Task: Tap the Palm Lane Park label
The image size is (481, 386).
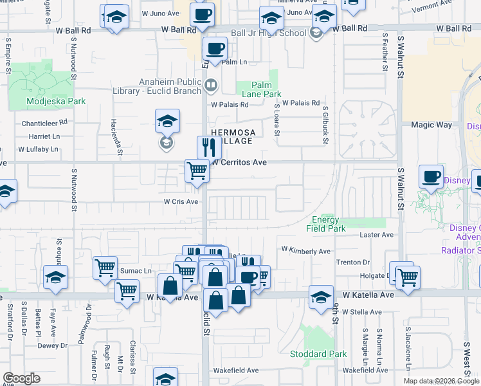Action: click(x=262, y=89)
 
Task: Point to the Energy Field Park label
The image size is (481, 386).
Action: click(x=329, y=224)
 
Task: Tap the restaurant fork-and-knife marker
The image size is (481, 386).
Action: click(x=209, y=148)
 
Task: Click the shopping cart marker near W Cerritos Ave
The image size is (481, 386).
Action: click(x=197, y=171)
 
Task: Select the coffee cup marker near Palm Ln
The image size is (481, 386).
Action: click(x=215, y=48)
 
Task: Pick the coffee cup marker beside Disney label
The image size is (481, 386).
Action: click(x=431, y=176)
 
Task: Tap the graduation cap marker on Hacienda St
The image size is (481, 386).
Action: click(x=167, y=120)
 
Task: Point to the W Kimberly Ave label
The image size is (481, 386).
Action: click(x=305, y=250)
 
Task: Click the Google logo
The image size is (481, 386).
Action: click(x=21, y=378)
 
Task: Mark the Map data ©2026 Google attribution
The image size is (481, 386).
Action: click(x=441, y=381)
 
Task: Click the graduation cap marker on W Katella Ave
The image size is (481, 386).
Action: click(x=321, y=297)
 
